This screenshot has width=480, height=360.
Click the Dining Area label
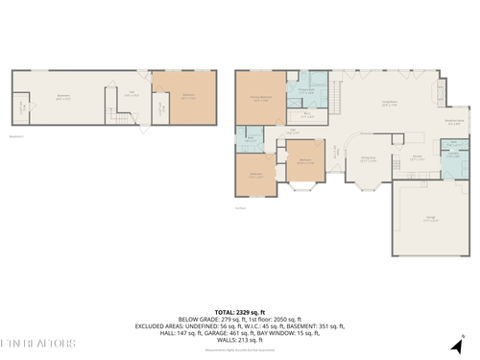[x=368, y=159]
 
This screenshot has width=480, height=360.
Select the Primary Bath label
[x=306, y=92]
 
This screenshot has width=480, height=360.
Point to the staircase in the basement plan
[x=121, y=120]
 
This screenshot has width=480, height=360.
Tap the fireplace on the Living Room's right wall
[x=441, y=93]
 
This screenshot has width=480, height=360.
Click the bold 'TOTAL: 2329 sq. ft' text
[x=239, y=312]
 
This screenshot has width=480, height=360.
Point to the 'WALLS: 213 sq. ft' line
[x=239, y=339]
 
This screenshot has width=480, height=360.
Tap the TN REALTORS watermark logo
[x=37, y=343]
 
